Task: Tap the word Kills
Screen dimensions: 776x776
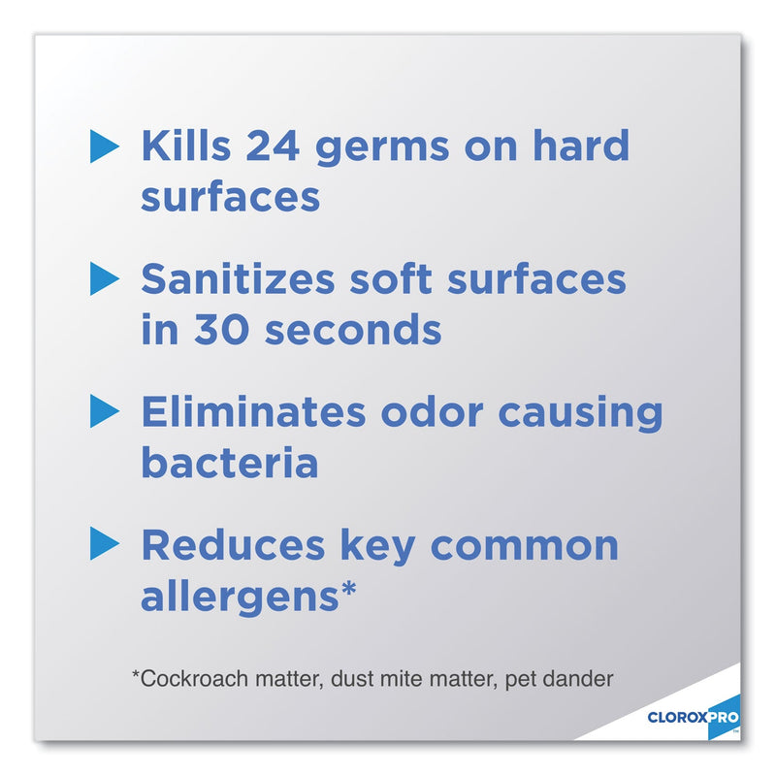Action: (185, 146)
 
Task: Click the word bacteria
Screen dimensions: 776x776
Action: (230, 464)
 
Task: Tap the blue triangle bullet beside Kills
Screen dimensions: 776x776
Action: (103, 146)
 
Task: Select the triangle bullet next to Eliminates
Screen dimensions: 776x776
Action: (103, 412)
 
